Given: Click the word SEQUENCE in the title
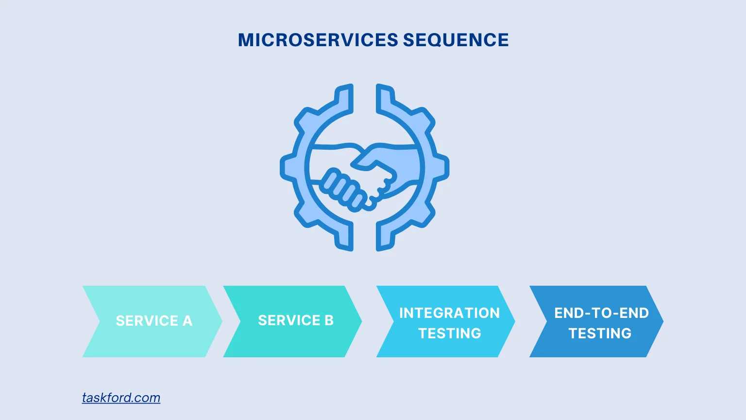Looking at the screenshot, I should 456,40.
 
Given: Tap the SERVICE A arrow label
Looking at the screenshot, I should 154,321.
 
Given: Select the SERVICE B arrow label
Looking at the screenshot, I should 296,320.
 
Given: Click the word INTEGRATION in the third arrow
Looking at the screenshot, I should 449,313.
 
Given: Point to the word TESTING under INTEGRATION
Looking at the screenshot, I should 450,333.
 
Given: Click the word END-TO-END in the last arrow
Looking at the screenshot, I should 601,313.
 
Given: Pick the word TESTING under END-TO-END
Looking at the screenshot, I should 600,333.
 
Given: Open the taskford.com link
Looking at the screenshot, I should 121,398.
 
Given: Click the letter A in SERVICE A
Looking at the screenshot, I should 187,321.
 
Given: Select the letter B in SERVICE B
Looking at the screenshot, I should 329,320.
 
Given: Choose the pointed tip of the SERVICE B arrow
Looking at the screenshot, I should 361,321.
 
